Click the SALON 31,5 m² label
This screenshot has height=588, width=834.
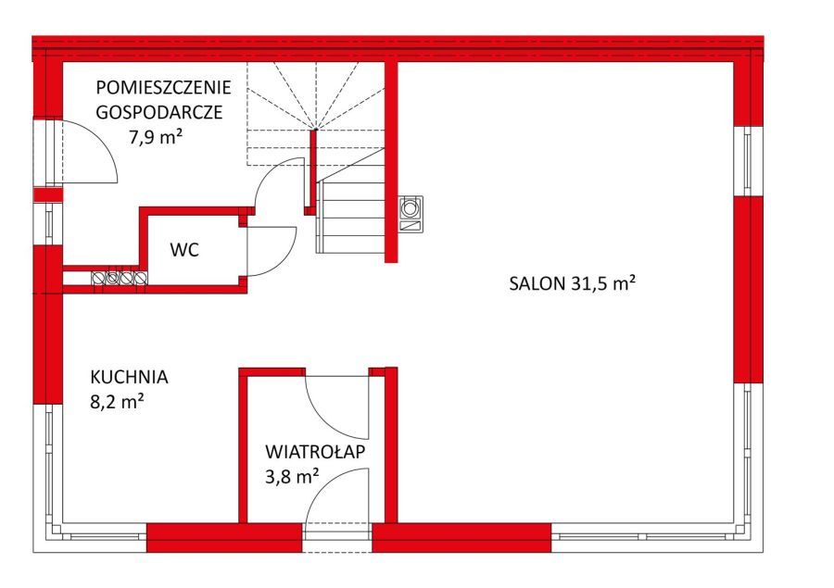571,284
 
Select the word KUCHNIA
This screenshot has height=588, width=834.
129,377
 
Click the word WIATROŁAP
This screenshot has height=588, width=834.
315,453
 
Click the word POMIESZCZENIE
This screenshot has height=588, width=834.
164,88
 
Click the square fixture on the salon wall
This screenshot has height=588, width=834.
410,213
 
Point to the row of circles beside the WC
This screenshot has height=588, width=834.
119,277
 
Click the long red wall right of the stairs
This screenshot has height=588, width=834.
392,157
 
